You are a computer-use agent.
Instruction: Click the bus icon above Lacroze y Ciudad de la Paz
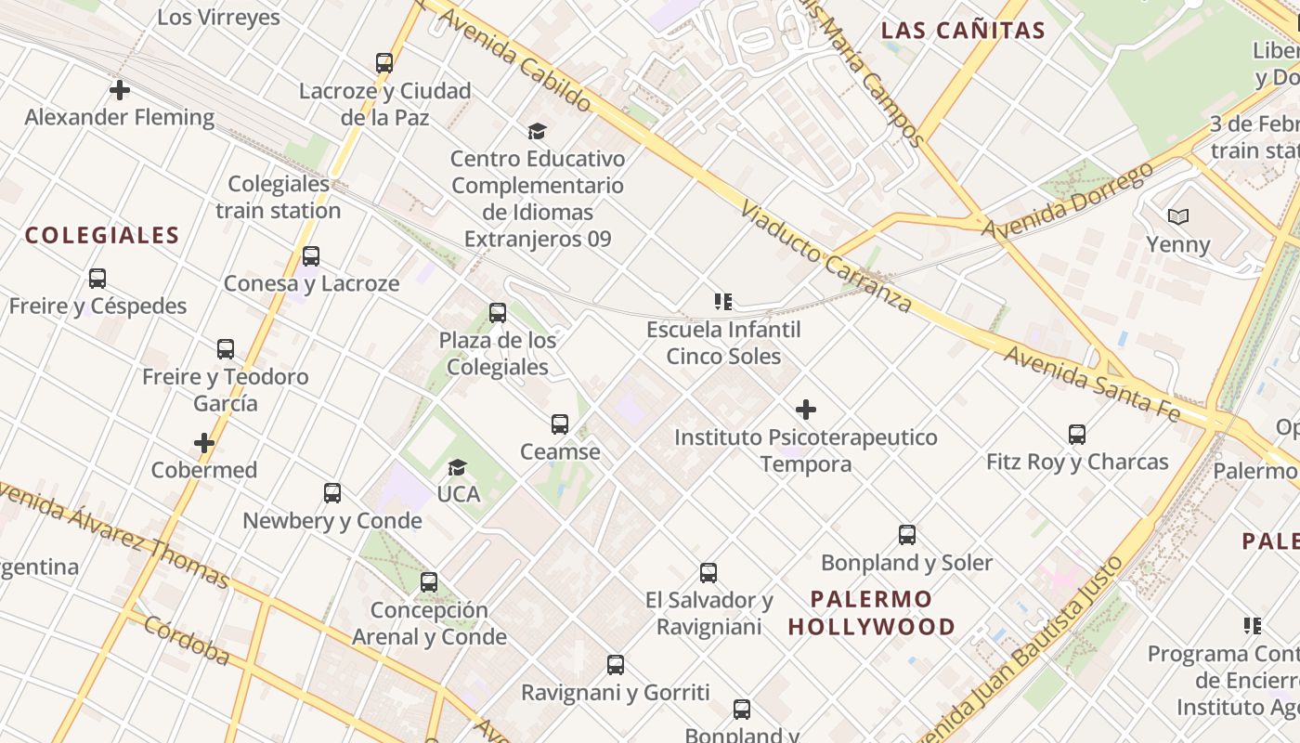384,63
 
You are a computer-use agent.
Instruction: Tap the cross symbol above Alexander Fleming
120,90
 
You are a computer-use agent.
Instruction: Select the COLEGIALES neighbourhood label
102,235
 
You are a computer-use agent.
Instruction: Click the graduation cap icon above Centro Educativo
537,131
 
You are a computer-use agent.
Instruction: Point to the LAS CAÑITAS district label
963,31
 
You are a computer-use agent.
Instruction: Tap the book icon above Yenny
1177,216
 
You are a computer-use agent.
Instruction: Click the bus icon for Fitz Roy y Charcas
1077,434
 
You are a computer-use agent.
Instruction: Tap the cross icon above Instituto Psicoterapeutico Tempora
806,410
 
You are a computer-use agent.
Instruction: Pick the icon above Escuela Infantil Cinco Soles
723,301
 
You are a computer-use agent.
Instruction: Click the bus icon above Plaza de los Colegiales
498,313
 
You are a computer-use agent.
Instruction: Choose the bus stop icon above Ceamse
560,424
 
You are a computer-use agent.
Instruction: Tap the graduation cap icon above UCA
457,466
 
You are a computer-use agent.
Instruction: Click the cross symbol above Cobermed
204,443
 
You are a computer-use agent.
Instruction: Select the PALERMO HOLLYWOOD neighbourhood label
871,612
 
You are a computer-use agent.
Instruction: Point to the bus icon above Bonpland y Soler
907,535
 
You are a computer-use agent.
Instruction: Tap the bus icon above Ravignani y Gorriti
616,665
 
